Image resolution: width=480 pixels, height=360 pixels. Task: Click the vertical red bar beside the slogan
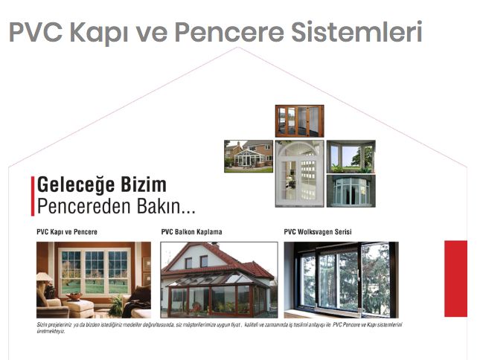(33, 195)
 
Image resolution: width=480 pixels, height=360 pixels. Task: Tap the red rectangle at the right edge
(455, 278)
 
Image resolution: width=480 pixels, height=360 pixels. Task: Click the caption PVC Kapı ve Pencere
(67, 232)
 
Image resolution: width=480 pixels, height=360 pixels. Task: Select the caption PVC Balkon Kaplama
(191, 232)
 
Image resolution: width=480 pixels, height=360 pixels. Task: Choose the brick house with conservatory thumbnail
(248, 156)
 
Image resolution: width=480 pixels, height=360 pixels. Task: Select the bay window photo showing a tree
(351, 156)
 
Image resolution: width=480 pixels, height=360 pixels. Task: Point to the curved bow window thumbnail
(351, 190)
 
